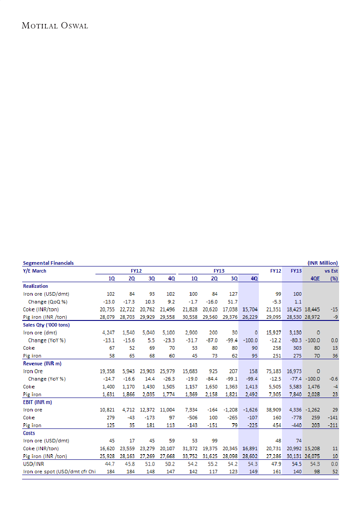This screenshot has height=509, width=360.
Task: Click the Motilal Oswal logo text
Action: tap(55, 26)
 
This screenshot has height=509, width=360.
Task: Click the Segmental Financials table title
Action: tap(48, 263)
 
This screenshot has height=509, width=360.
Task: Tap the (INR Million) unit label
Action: tap(323, 263)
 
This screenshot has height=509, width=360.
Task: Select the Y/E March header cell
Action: tap(34, 271)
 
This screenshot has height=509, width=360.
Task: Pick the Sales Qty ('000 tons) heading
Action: tap(46, 325)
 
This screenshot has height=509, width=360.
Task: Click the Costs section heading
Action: tap(29, 433)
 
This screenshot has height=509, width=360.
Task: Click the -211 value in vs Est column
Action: tap(333, 425)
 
